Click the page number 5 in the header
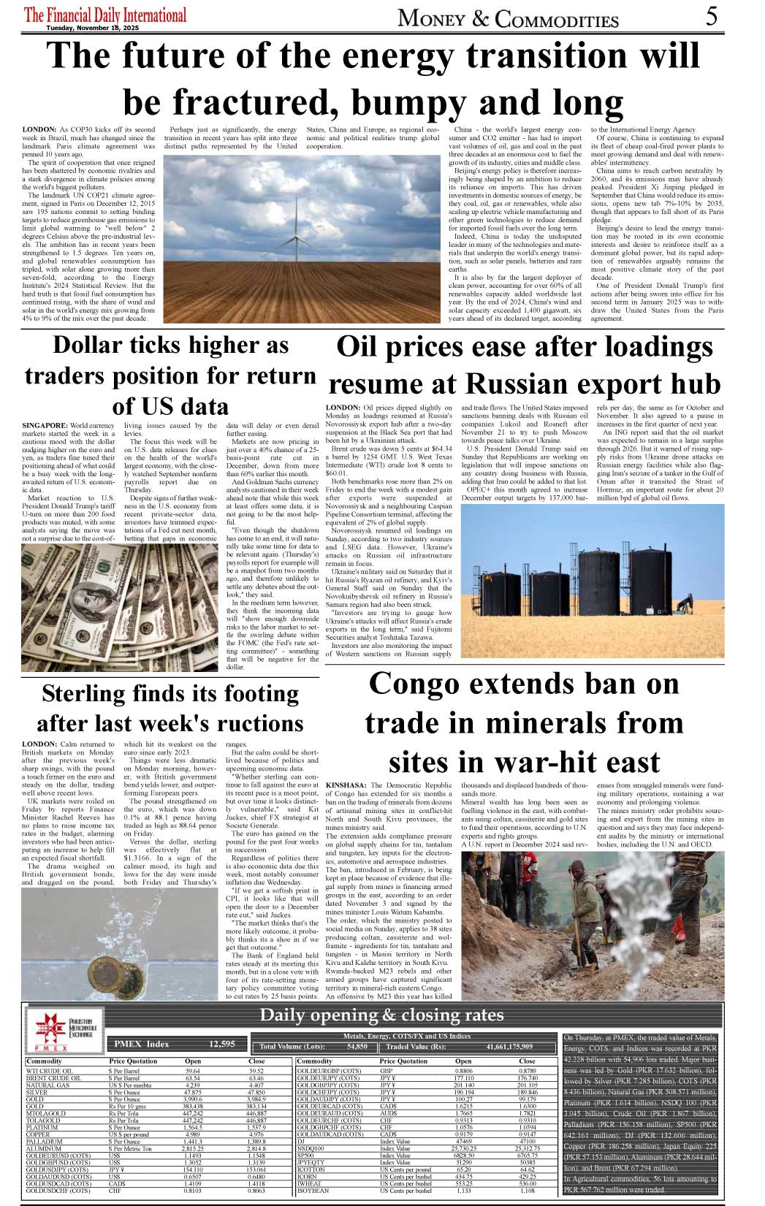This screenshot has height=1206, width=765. click(x=711, y=16)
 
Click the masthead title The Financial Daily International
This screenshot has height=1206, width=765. click(x=105, y=15)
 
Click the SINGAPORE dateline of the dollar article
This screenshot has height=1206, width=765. click(x=45, y=425)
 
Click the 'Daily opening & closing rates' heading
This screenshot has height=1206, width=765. click(x=381, y=1015)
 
